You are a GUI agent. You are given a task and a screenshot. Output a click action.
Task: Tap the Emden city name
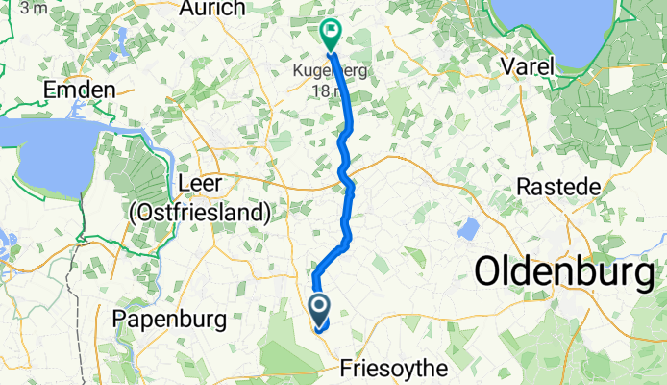point(80,90)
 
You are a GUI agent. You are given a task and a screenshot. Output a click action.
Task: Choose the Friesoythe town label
point(394,368)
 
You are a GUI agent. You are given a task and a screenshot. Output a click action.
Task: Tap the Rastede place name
point(558,185)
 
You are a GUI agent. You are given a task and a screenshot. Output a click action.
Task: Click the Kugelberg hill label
point(332,71)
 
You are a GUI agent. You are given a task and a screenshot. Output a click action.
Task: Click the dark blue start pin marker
point(318,310)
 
